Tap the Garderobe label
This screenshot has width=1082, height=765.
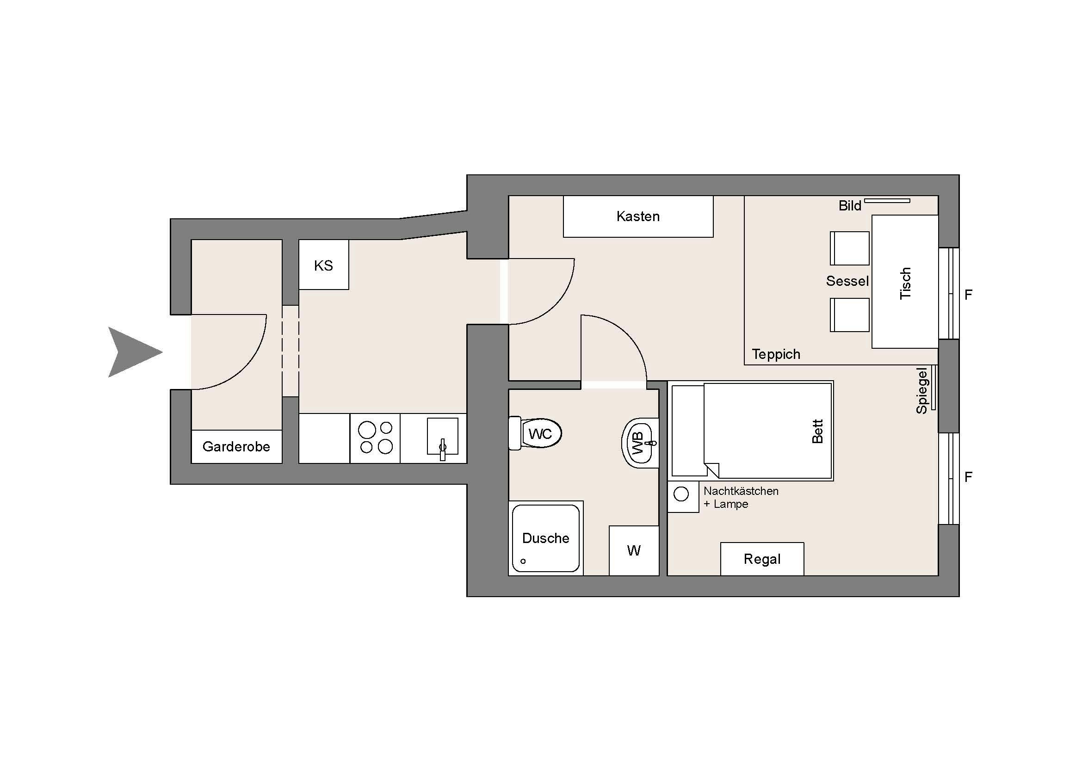[236, 447]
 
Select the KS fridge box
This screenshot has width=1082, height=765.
[324, 265]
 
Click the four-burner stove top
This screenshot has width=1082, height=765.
[375, 438]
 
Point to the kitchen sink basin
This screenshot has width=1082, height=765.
[443, 436]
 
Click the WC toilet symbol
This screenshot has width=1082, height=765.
[535, 433]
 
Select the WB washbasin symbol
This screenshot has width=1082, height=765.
[640, 443]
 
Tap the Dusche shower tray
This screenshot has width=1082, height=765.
[546, 538]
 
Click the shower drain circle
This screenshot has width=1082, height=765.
[523, 561]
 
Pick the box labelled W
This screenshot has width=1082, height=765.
[634, 550]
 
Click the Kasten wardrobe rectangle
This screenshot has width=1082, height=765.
[638, 216]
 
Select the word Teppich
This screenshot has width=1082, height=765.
[776, 354]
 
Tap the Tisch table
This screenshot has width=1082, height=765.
[905, 282]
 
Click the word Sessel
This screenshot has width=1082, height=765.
[847, 281]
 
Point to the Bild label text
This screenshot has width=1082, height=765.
[850, 206]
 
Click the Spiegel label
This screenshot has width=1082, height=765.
[922, 390]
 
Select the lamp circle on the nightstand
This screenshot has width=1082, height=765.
[681, 494]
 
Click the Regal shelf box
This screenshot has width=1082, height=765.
[762, 559]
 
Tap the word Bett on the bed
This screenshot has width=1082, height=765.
[817, 432]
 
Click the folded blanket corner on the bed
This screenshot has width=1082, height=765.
[712, 469]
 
